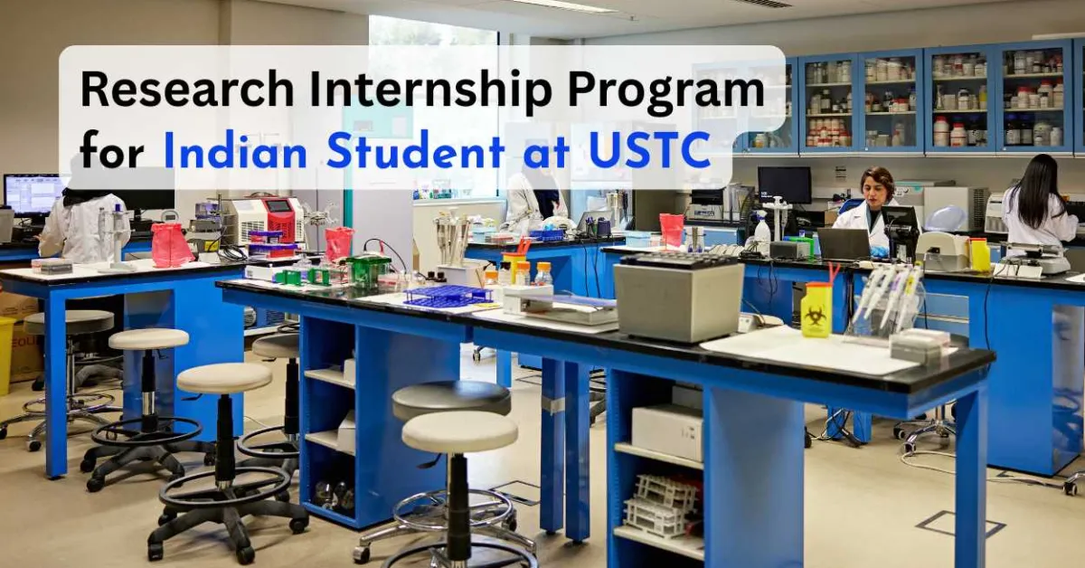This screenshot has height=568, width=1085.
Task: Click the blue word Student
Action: pyautogui.click(x=415, y=150)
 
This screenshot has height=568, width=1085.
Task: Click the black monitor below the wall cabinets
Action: pyautogui.click(x=783, y=185)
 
